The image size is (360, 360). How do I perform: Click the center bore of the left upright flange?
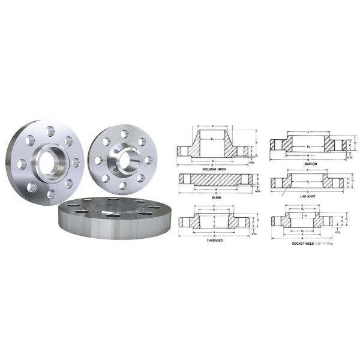pyautogui.click(x=46, y=161)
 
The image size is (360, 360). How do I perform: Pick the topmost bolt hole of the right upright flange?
pyautogui.click(x=124, y=134)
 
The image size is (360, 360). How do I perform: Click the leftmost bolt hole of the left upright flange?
pyautogui.click(x=22, y=163)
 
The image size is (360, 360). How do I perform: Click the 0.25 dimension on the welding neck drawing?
pyautogui.click(x=252, y=163)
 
